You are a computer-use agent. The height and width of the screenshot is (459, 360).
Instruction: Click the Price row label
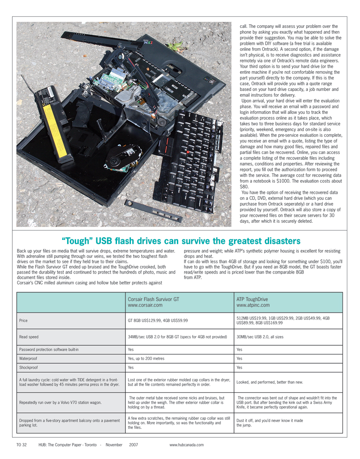coord(23,321)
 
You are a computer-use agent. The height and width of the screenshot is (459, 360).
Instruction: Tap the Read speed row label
coord(28,336)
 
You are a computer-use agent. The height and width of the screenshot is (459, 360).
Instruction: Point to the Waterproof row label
coord(27,359)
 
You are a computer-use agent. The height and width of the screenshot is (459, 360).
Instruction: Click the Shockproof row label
coord(28,367)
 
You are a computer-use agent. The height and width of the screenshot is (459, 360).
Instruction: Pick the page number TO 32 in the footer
coord(22,445)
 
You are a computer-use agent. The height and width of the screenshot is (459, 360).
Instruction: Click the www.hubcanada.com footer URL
coord(187,445)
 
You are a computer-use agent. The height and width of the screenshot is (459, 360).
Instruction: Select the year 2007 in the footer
coord(133,445)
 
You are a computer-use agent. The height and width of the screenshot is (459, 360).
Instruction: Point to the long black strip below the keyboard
coord(153,211)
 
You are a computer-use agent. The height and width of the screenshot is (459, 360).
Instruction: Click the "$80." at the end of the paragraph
coord(243,186)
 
